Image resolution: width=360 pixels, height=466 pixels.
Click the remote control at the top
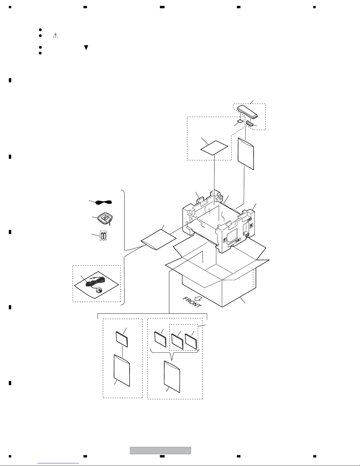[247, 111]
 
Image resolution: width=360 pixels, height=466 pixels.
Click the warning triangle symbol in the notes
[55, 35]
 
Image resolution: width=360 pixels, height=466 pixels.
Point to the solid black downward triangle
[86, 48]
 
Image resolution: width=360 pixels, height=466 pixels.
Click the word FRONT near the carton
[192, 302]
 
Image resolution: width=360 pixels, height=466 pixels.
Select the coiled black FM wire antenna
[104, 202]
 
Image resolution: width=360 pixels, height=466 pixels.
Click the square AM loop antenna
[104, 219]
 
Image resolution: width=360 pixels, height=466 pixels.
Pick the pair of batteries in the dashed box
[103, 236]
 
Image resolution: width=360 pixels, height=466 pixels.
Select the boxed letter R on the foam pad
[251, 226]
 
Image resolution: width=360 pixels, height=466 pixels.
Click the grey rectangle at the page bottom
[160, 450]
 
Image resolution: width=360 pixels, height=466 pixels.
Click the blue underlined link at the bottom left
[58, 463]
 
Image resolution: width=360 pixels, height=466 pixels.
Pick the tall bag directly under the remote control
[246, 154]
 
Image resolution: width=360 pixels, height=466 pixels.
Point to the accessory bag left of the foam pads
[158, 240]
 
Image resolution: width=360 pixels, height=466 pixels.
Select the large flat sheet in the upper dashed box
[214, 148]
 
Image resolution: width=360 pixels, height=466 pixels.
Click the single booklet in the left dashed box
[122, 339]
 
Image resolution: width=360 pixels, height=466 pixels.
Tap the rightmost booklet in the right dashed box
[191, 341]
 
